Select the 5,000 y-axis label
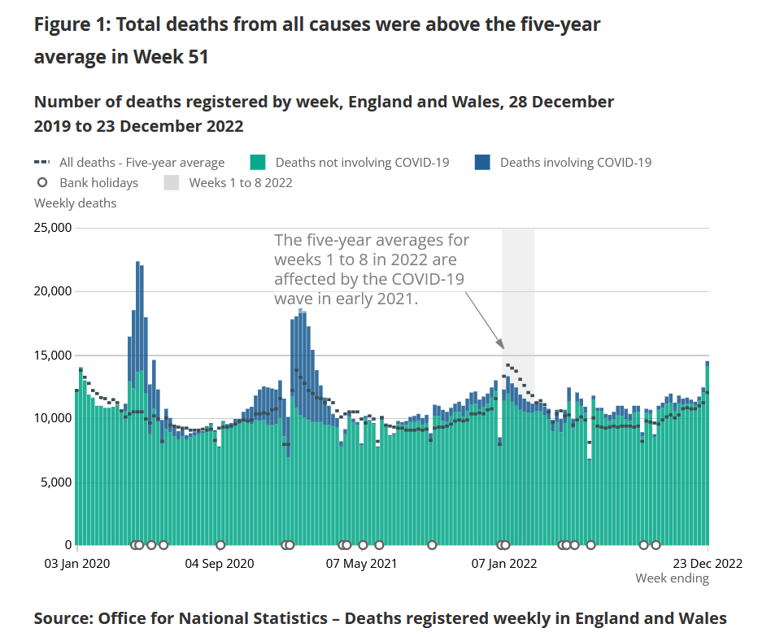point(55,482)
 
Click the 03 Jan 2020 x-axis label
point(76,563)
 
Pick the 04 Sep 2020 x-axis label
point(220,563)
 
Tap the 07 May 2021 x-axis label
point(361,563)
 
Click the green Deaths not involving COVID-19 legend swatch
point(258,162)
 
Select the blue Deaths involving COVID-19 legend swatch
point(482,162)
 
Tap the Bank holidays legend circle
point(42,182)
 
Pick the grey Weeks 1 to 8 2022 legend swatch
point(171,182)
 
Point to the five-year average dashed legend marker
point(42,162)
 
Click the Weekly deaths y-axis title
point(75,203)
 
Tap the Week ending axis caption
point(672,578)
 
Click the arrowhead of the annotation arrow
point(502,348)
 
